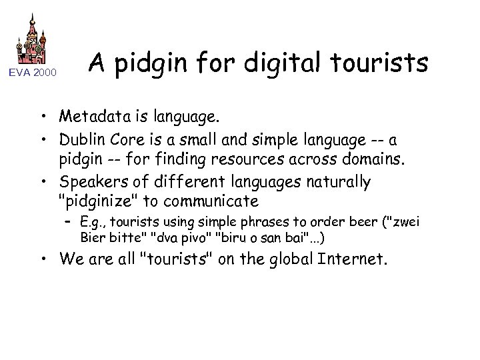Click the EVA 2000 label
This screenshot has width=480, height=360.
tap(33, 72)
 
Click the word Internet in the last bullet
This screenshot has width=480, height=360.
tap(349, 258)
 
